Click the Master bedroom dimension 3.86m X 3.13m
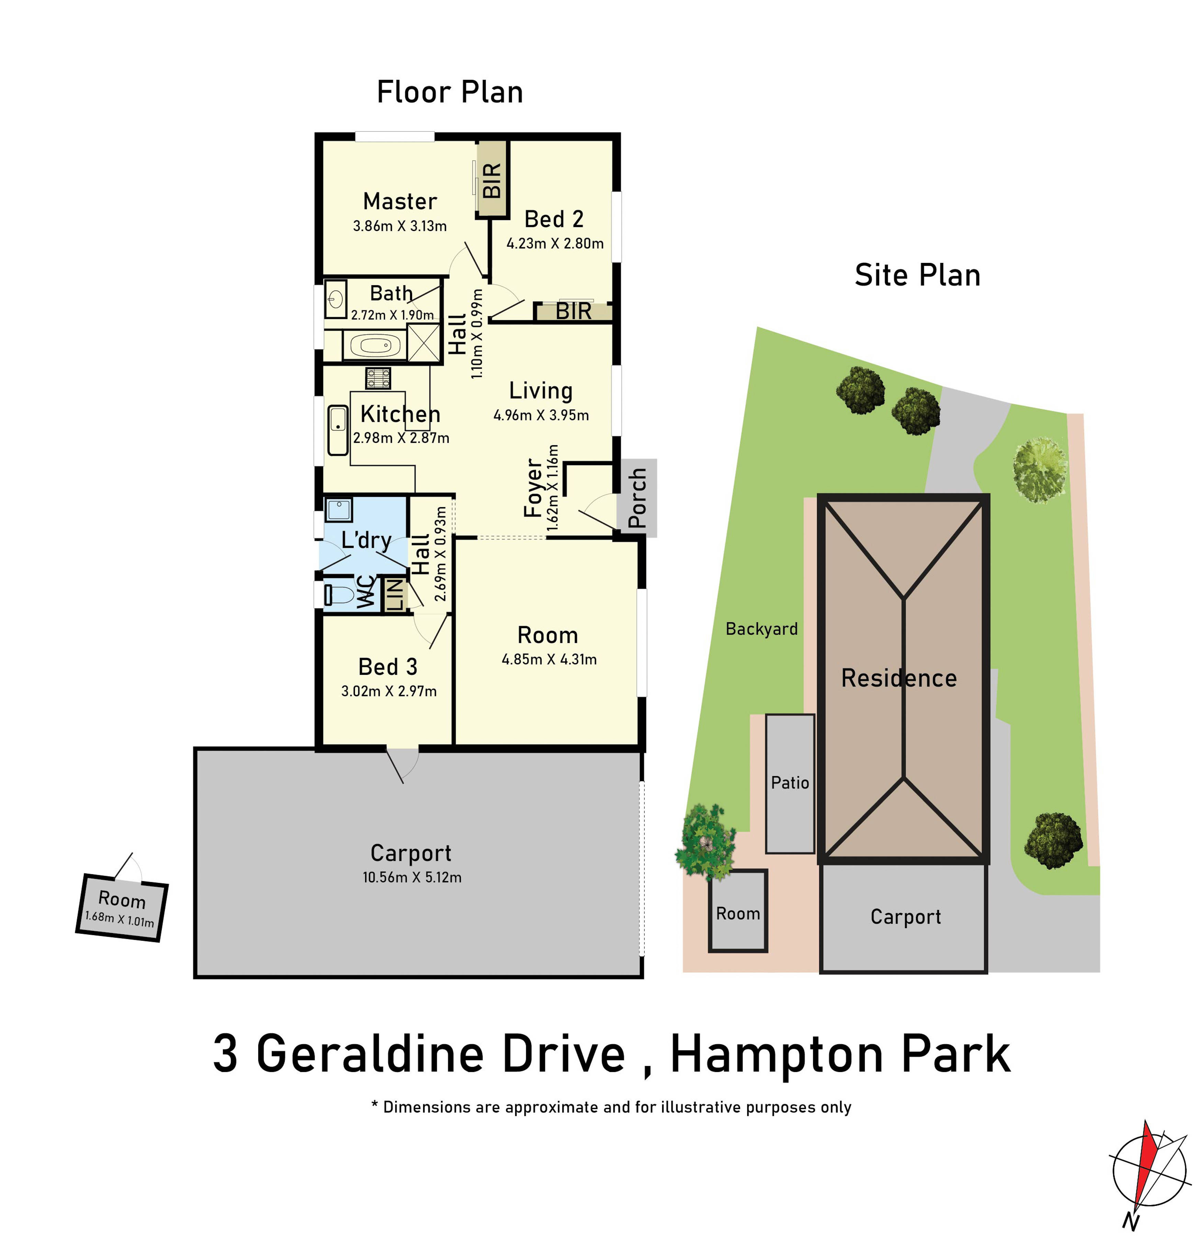pos(399,226)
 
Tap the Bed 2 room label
pos(553,219)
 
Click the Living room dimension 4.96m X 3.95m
pos(541,415)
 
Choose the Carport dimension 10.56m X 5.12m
pos(411,877)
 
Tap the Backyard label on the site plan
pos(761,629)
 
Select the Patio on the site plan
pos(789,783)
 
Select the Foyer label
pos(533,488)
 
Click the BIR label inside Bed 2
pos(574,312)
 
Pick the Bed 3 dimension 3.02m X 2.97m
pos(388,691)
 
